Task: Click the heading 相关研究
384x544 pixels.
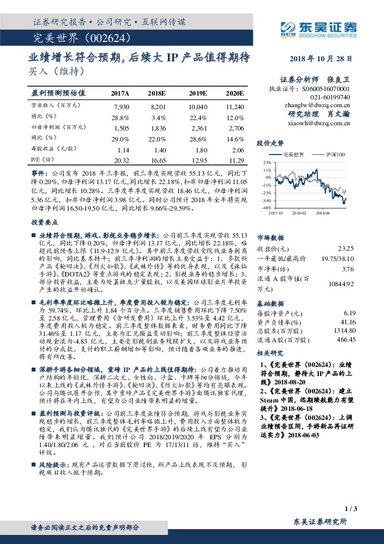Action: (270, 354)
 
